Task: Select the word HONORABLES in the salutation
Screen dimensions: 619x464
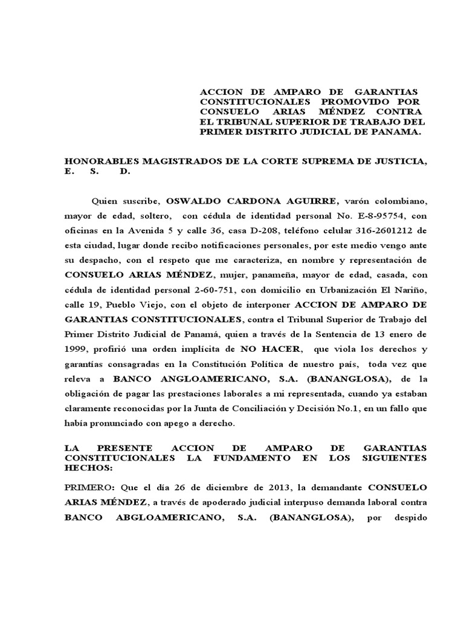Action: (101, 162)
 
